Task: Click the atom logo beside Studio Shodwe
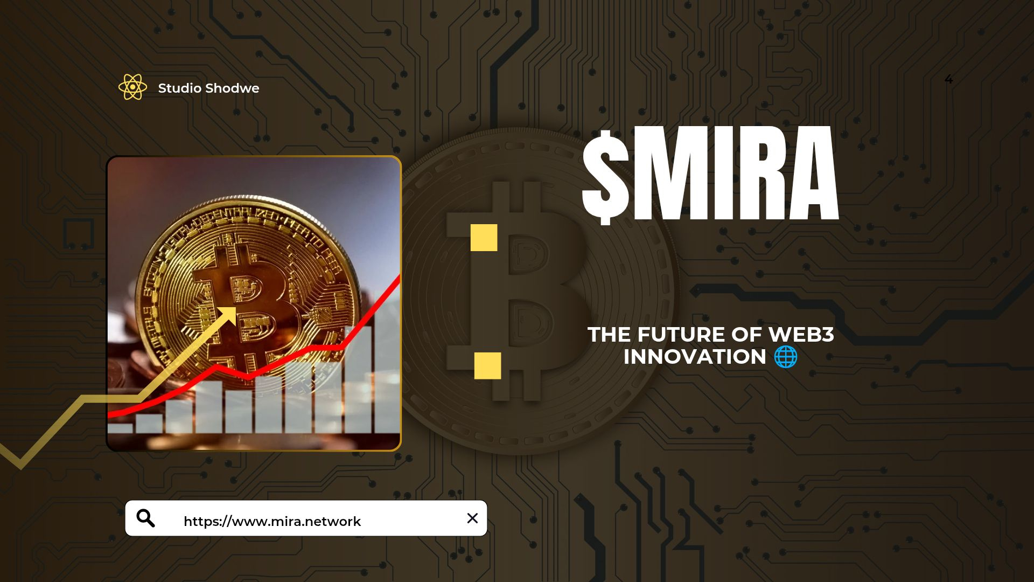[132, 87]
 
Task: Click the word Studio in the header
[179, 88]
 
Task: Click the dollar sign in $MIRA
[605, 177]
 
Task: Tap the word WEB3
[801, 335]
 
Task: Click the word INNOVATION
[695, 357]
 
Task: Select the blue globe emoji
[786, 357]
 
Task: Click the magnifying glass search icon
[145, 518]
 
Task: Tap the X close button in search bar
[472, 518]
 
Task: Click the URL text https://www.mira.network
[272, 521]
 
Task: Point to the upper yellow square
[484, 238]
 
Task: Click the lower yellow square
[487, 366]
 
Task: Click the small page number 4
[948, 80]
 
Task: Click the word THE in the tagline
[609, 335]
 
